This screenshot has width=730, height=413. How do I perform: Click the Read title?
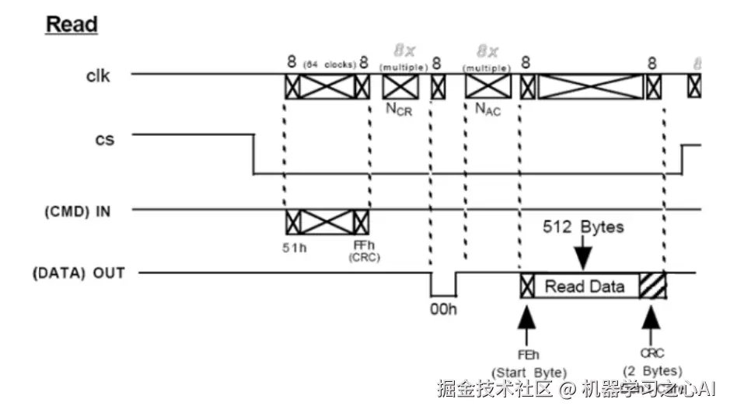tap(72, 24)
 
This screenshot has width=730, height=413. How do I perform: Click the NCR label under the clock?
tap(400, 109)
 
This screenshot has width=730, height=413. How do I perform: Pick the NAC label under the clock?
tap(487, 109)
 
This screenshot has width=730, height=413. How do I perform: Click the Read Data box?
tap(584, 286)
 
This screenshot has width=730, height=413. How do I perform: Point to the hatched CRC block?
tap(652, 286)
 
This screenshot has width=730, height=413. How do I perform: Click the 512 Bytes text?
tap(583, 227)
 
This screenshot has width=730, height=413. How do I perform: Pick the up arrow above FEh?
tap(528, 318)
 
